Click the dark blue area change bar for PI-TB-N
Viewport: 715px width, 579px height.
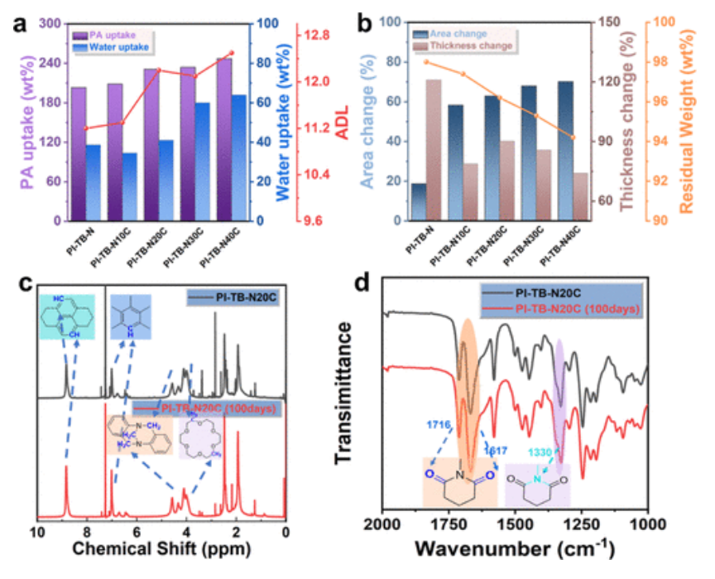[x=419, y=202]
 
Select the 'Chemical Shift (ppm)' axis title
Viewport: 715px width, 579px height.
[x=161, y=548]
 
